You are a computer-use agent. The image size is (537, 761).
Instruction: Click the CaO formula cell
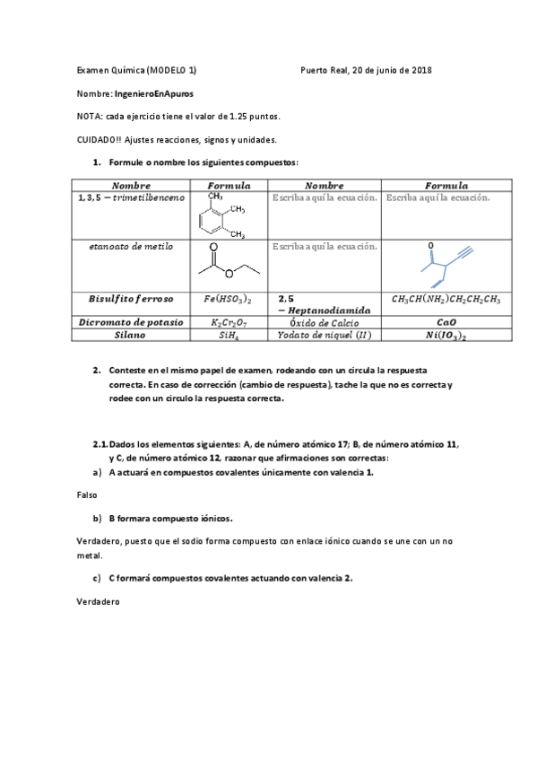coord(446,321)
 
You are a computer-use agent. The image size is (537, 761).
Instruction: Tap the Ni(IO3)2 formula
coord(446,335)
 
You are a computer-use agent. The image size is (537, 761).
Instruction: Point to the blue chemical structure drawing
coord(440,264)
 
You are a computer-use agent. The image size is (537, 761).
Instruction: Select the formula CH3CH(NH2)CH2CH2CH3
coord(446,299)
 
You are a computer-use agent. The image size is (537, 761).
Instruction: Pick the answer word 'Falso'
coord(88,494)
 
